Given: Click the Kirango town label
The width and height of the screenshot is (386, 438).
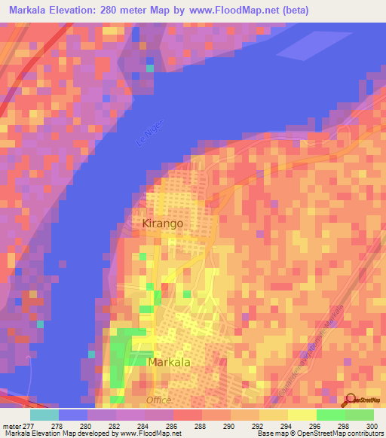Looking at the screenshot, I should (163, 224).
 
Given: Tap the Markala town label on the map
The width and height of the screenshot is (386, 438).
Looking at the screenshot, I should (170, 362).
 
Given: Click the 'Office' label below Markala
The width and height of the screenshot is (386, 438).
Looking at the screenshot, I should (158, 400).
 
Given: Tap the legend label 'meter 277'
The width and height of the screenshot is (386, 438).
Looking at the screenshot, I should (17, 425).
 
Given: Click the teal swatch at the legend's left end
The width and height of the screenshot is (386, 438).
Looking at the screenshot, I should (44, 414).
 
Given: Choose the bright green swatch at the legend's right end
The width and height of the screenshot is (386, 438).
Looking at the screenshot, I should (360, 414).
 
